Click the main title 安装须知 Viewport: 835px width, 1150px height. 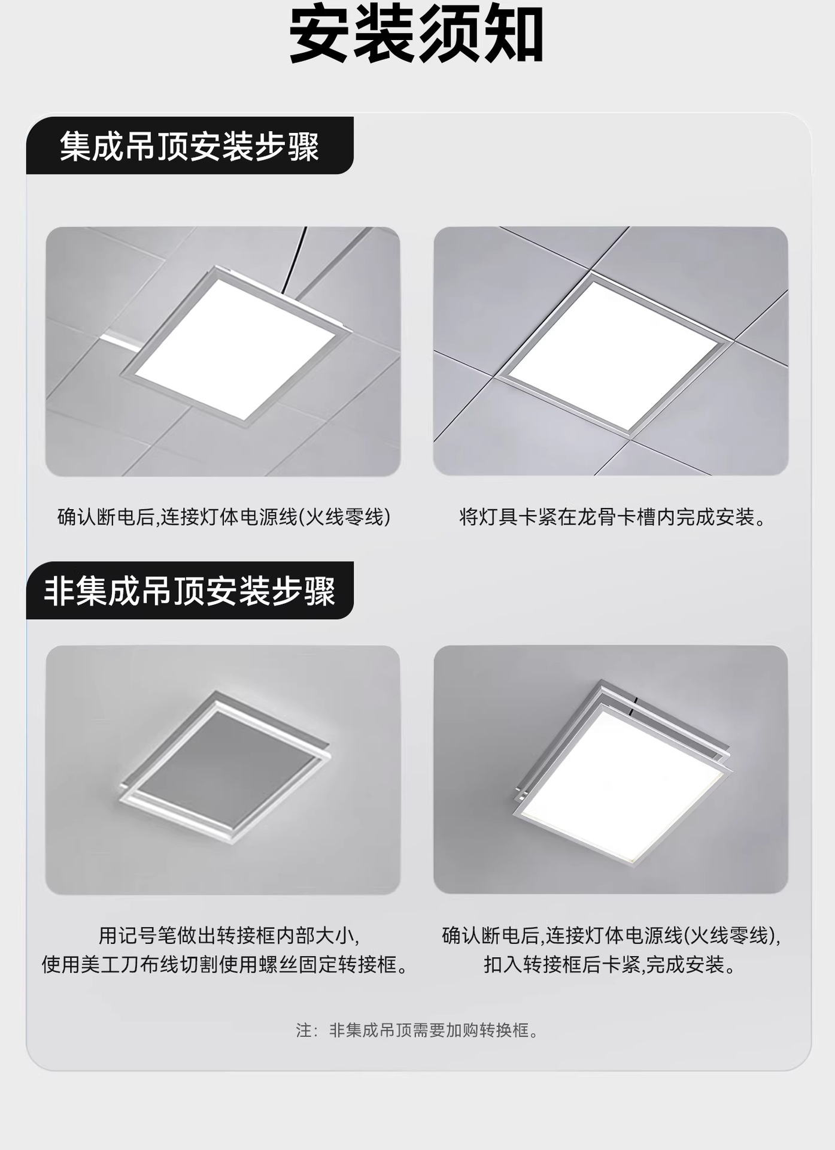417,35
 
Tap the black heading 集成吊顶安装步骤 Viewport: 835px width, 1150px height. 190,147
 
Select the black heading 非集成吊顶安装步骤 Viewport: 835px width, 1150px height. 190,591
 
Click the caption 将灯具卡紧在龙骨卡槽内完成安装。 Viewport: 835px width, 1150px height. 613,516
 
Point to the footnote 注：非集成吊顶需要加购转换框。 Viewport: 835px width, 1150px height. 417,1030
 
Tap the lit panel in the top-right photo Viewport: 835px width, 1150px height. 612,355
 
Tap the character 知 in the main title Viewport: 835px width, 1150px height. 514,35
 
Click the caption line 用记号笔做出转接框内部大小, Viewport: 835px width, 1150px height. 228,936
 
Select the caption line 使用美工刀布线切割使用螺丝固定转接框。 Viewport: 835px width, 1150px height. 225,965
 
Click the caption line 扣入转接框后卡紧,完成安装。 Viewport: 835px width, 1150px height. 611,965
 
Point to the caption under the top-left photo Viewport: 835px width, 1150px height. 224,516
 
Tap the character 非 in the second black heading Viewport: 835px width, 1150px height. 59,591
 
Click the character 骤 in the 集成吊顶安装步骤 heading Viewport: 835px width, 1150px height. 304,147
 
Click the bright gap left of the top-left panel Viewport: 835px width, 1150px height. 120,341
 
